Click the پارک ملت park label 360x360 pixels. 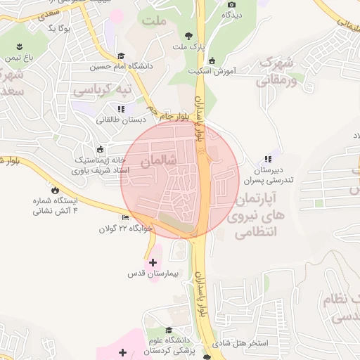pyautogui.click(x=188, y=47)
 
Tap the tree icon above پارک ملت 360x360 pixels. pyautogui.click(x=188, y=35)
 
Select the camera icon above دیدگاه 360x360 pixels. pyautogui.click(x=231, y=4)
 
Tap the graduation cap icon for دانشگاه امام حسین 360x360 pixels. pyautogui.click(x=121, y=56)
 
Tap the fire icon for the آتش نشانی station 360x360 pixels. pyautogui.click(x=54, y=189)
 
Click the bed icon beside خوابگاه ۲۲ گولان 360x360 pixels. pyautogui.click(x=125, y=217)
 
